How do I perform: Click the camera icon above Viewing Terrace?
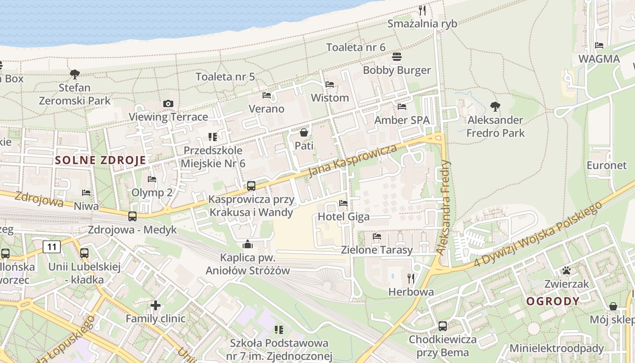tap(168, 103)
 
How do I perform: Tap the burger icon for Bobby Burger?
tap(397, 57)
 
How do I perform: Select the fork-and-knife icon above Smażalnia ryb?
tap(422, 10)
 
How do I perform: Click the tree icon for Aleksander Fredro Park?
tap(495, 107)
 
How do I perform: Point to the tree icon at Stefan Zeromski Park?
tap(75, 74)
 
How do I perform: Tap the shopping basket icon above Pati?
tap(304, 132)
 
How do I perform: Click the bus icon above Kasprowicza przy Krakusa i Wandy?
tap(251, 186)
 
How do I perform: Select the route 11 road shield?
tap(52, 247)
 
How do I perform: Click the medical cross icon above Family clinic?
tap(156, 305)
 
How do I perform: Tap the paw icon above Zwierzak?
tap(567, 271)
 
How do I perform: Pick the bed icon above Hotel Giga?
tap(343, 203)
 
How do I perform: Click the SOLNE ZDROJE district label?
tap(101, 160)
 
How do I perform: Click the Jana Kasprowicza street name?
tap(352, 161)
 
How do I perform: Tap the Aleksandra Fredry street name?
tap(444, 207)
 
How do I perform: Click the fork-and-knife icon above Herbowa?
tap(411, 278)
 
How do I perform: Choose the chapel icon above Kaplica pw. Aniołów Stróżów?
tap(248, 244)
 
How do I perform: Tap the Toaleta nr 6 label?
tap(356, 47)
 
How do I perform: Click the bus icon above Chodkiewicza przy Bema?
tap(443, 326)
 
